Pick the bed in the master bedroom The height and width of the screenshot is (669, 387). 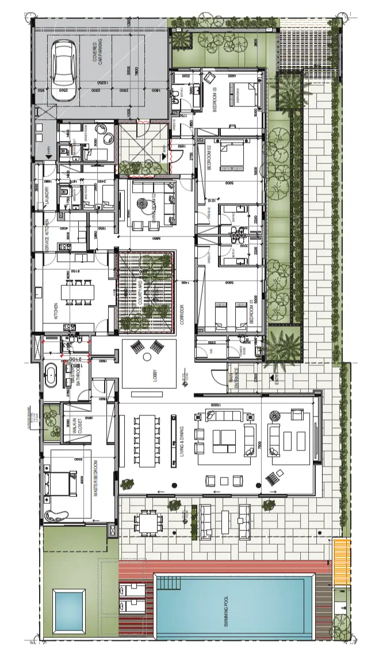tap(62, 484)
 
